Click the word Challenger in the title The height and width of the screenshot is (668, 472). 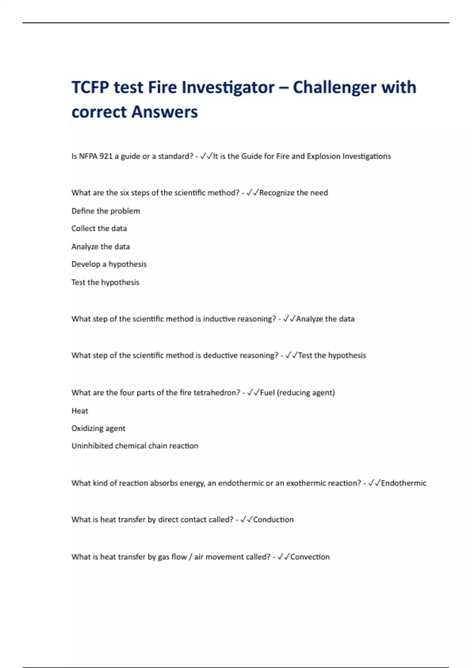[335, 87]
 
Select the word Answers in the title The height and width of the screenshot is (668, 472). [164, 112]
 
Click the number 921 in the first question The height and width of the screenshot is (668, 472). [106, 156]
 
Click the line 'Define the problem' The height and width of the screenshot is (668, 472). [105, 211]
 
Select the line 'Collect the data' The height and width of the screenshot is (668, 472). [99, 229]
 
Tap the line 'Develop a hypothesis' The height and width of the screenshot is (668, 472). [109, 264]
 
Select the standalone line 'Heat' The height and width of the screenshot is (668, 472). [80, 411]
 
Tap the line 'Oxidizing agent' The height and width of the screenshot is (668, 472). [98, 428]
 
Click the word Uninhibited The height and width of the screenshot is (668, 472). [92, 446]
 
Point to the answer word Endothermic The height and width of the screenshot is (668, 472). [404, 483]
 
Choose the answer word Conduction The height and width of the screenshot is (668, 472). [273, 520]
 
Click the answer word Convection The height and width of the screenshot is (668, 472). [310, 557]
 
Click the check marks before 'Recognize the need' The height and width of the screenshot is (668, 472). [252, 193]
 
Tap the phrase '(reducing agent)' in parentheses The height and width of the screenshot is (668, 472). [306, 393]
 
